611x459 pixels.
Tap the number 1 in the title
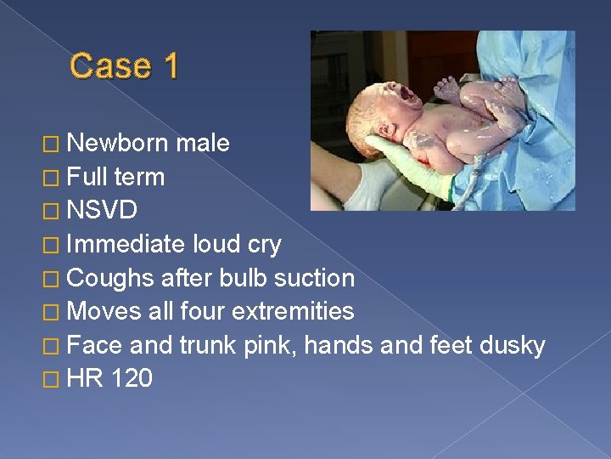(x=171, y=65)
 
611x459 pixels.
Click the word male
(x=203, y=143)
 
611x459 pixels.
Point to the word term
(x=138, y=177)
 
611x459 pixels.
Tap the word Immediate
(x=126, y=245)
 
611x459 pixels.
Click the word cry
(x=261, y=245)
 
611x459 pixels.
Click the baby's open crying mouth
(x=410, y=95)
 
